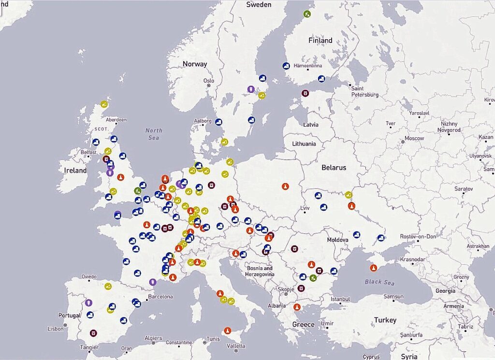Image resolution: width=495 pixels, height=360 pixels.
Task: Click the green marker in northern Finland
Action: coord(307,14)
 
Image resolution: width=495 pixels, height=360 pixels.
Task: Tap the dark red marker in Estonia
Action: coord(305,93)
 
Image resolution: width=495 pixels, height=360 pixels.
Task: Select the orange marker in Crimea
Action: coord(373,268)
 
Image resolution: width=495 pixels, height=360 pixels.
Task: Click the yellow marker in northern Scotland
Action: coord(104,103)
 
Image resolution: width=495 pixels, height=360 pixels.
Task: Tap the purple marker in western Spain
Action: coord(88,303)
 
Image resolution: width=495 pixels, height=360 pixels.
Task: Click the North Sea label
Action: coord(154,134)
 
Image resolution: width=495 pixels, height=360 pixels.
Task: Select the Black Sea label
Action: coord(380,282)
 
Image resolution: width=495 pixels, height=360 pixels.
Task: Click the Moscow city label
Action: coord(414,139)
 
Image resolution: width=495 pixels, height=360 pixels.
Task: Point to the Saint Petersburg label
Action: coord(364,92)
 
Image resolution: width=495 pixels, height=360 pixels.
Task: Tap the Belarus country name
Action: coord(334,168)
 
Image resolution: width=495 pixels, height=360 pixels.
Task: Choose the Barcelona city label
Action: coord(160,297)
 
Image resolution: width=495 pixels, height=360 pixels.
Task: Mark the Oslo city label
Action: coord(209,81)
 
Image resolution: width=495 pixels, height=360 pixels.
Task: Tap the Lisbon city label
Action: coord(56,329)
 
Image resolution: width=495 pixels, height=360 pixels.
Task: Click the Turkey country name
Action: coord(385,320)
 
